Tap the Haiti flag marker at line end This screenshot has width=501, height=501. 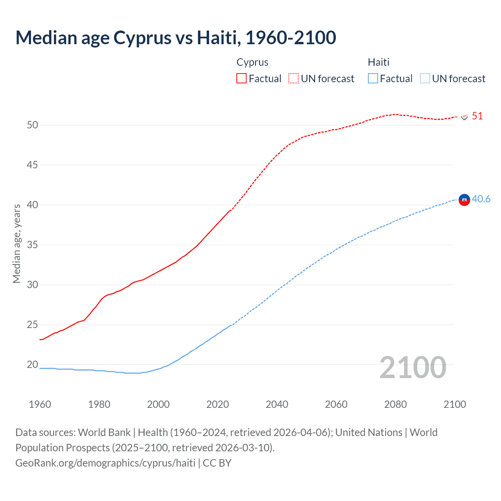tap(464, 200)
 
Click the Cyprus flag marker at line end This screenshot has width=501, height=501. tap(465, 117)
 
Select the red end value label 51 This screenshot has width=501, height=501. tap(478, 116)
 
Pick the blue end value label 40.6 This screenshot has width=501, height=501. tap(481, 199)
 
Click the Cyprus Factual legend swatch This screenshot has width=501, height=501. tap(241, 79)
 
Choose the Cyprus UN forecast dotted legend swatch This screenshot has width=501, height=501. tap(294, 79)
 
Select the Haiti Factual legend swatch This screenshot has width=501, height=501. tap(373, 79)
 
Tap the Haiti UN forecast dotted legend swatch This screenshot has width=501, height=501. tap(425, 79)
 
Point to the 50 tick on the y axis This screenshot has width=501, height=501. tap(32, 125)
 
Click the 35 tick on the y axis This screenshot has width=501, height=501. tap(32, 245)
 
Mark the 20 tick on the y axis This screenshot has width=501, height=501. tap(32, 365)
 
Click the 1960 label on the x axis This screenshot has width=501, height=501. tap(40, 404)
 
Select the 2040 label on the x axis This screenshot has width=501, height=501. tap(277, 404)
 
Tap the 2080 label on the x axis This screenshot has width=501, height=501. tap(395, 404)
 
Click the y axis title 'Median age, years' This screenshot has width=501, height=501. tap(16, 243)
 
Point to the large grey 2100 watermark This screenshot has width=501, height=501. tap(413, 367)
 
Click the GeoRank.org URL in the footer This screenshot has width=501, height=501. tap(105, 463)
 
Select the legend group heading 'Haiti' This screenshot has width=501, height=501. tap(378, 62)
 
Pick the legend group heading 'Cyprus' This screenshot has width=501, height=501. tap(252, 62)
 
